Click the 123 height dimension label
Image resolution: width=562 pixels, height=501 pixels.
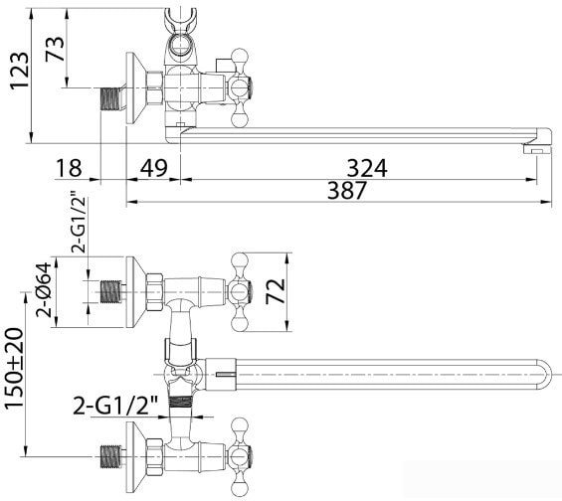point(19,71)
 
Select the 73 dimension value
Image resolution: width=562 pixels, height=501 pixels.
point(55,49)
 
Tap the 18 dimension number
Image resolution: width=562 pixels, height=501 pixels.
point(69,168)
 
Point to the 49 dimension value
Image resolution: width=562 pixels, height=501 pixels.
point(153,168)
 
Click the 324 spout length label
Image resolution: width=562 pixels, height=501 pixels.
point(367,168)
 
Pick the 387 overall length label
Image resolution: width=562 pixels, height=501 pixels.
point(347,190)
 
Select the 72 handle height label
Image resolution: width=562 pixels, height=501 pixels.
point(276,291)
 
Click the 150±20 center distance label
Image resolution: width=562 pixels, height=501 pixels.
point(14,369)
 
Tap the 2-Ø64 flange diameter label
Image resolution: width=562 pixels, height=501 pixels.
point(44,289)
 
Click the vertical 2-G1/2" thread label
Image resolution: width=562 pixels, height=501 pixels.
point(79,225)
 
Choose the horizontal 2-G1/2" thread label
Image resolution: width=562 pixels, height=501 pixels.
point(115,405)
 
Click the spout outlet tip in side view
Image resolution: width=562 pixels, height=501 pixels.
point(536,148)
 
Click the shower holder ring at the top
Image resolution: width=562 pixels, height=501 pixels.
point(180,45)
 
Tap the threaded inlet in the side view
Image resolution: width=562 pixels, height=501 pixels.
point(111,98)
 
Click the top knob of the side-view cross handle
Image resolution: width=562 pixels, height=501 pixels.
point(240,58)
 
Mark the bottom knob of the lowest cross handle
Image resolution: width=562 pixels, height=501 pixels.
point(240,488)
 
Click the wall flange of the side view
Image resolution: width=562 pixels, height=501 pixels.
point(136,88)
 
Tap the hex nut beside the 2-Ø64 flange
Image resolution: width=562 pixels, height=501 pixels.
point(154,292)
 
